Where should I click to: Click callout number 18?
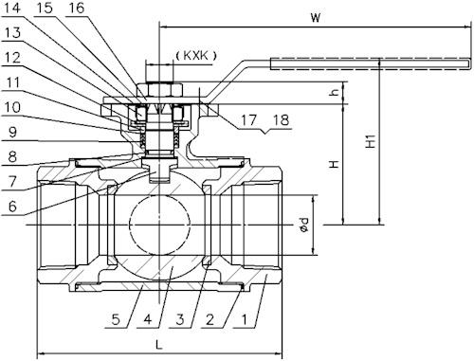point(282,121)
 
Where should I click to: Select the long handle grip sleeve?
point(370,64)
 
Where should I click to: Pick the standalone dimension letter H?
point(334,163)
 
